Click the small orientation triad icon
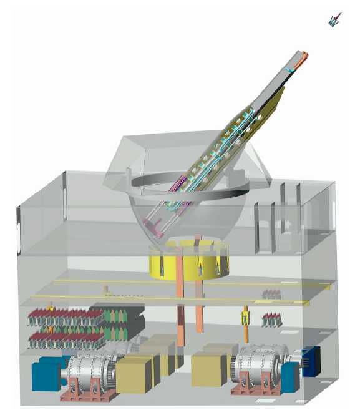point(335,21)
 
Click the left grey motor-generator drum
point(92,374)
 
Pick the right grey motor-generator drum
point(256,372)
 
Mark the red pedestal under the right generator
point(252,390)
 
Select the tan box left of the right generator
point(208,368)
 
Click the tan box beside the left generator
point(134,374)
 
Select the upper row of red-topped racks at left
point(62,316)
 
